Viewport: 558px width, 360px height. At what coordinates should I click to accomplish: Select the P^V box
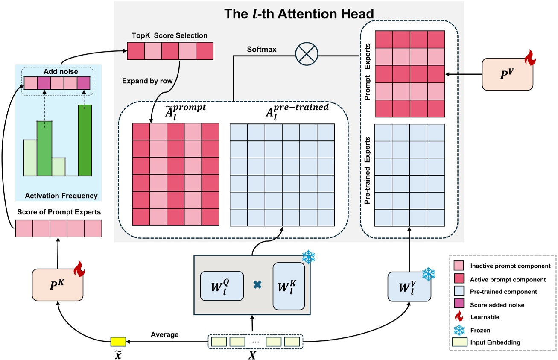point(507,74)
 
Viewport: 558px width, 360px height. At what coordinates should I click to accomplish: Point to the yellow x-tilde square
point(118,342)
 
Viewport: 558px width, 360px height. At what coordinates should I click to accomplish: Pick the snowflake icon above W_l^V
point(428,274)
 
